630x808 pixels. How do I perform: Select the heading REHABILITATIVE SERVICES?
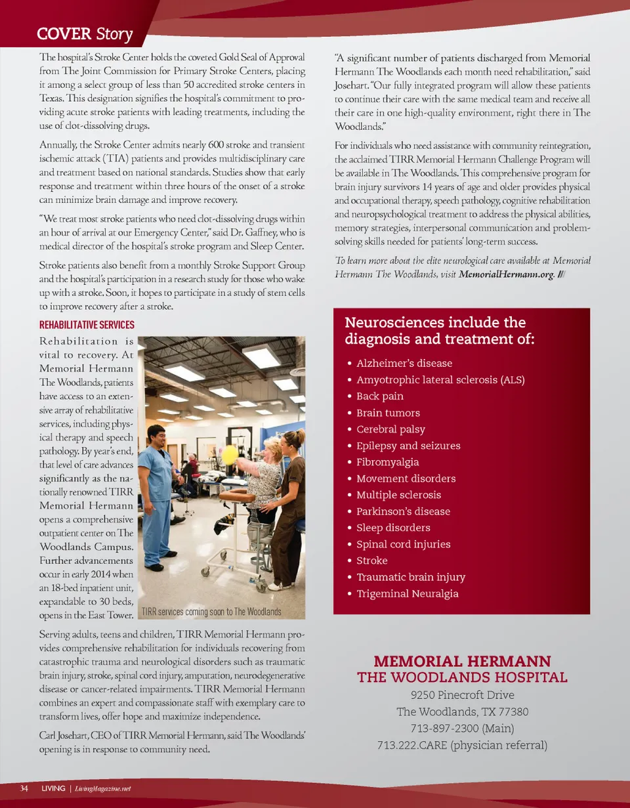point(87,325)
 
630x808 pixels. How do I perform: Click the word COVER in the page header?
point(64,33)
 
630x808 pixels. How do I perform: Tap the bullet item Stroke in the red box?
point(371,561)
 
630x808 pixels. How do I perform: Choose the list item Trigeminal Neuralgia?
point(407,593)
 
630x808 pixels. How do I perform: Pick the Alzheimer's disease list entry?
point(404,363)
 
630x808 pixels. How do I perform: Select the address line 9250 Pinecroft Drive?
point(462,695)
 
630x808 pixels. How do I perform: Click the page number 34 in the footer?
point(24,788)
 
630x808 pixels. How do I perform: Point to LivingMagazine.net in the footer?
point(103,788)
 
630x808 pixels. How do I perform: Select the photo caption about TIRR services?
point(211,612)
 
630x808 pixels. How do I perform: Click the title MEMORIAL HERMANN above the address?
point(462,661)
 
